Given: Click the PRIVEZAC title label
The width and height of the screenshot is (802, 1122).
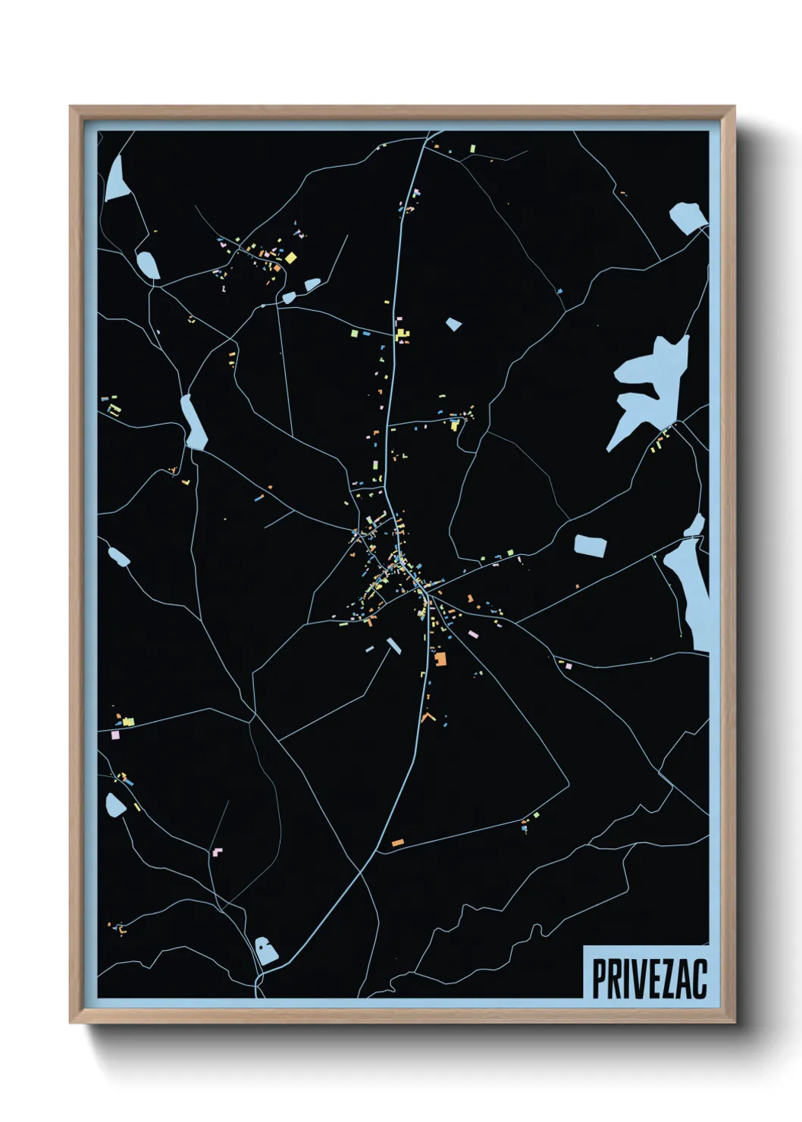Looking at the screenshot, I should pos(649,979).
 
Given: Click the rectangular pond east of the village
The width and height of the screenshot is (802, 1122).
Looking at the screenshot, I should pos(591,545).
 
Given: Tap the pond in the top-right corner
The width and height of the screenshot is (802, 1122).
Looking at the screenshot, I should pos(688,216).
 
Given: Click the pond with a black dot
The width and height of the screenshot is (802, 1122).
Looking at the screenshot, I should pos(265,950).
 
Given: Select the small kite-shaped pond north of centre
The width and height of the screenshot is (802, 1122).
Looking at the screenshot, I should pos(453,324).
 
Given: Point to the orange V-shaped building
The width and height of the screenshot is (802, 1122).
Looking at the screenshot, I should pos(428,716).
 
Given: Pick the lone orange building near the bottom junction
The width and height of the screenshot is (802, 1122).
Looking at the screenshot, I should pos(397,842).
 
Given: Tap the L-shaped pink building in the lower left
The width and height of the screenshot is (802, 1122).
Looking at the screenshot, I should pos(218,851).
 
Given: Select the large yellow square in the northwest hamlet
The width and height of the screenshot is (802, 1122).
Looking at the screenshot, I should pos(290,258).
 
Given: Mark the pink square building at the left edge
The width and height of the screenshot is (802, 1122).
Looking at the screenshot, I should pos(115,735).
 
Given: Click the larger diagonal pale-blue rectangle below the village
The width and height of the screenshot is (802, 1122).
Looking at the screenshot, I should pos(393,645).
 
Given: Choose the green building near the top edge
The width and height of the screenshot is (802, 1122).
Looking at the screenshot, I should pos(472,148).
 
